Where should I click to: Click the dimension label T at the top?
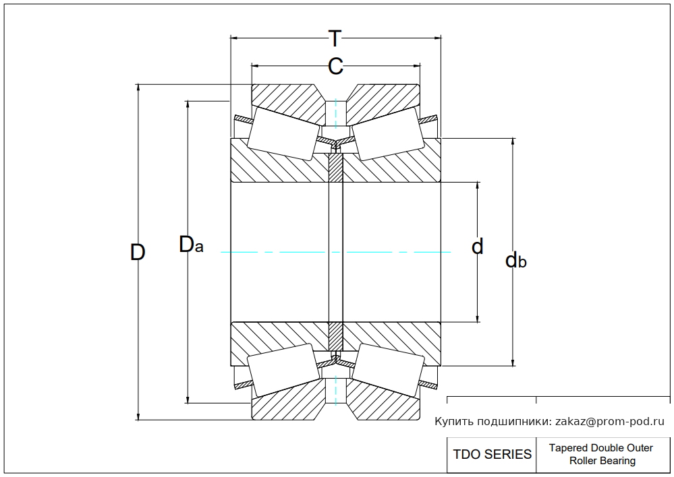[x=335, y=38]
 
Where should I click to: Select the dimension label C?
[x=335, y=67]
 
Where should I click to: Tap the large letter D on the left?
[x=138, y=252]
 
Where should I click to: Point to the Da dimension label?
[x=191, y=245]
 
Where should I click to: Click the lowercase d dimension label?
[x=478, y=247]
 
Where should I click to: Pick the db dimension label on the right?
[x=516, y=260]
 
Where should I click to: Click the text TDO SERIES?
[x=492, y=454]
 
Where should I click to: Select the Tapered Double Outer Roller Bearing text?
[x=601, y=454]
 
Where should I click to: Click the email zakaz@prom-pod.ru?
[x=609, y=422]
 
